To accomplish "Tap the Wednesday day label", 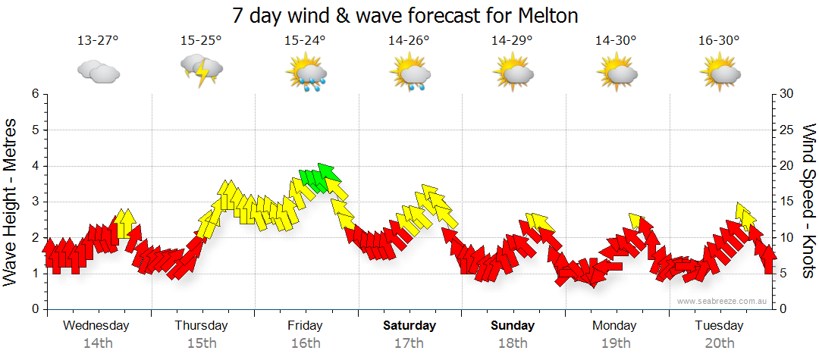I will point(96,326).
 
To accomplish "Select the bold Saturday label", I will point(409,326).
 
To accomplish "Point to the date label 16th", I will point(305,343).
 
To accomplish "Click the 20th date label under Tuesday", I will point(719,343).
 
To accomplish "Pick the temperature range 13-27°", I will point(98,40).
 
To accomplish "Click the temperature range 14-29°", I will point(512,40).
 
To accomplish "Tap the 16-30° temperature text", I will point(719,40).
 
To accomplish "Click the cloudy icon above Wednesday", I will point(98,72).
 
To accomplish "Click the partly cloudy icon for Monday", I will point(616,73).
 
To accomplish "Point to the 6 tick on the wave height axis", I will point(34,94).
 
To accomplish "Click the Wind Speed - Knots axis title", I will point(808,201).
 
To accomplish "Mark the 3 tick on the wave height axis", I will point(34,202).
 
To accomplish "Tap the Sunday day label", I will point(512,326).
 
